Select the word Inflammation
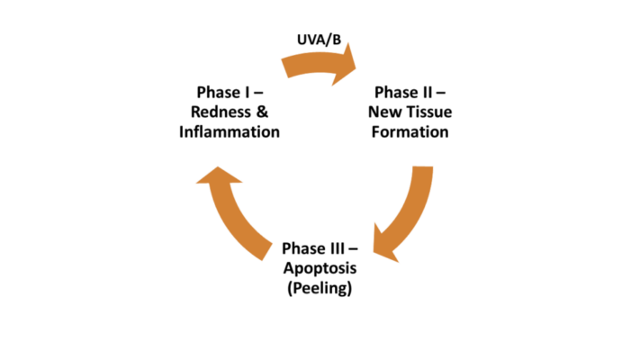pyautogui.click(x=230, y=131)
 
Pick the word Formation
pyautogui.click(x=410, y=131)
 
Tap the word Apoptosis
pyautogui.click(x=322, y=268)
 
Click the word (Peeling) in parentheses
pyautogui.click(x=322, y=289)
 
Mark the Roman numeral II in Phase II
pyautogui.click(x=424, y=92)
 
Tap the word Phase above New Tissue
pyautogui.click(x=394, y=92)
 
